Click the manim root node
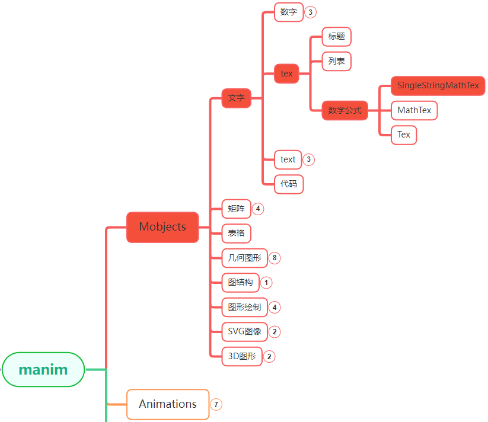tap(43, 370)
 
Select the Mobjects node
tap(162, 227)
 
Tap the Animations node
tap(168, 404)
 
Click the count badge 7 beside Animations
tap(216, 405)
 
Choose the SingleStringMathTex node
tap(438, 85)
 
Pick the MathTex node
tap(414, 110)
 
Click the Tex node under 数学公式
tap(404, 135)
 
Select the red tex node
tap(286, 73)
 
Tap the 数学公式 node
tap(345, 110)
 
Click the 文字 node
tap(236, 98)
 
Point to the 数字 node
tap(289, 12)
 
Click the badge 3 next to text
tap(308, 159)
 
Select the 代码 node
tap(289, 184)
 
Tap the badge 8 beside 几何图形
tap(274, 258)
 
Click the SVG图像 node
tap(244, 331)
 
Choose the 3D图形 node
tap(241, 356)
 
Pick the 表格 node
tap(236, 233)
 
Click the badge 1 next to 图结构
tap(266, 283)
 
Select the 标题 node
tap(336, 36)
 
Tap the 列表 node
tap(336, 61)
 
